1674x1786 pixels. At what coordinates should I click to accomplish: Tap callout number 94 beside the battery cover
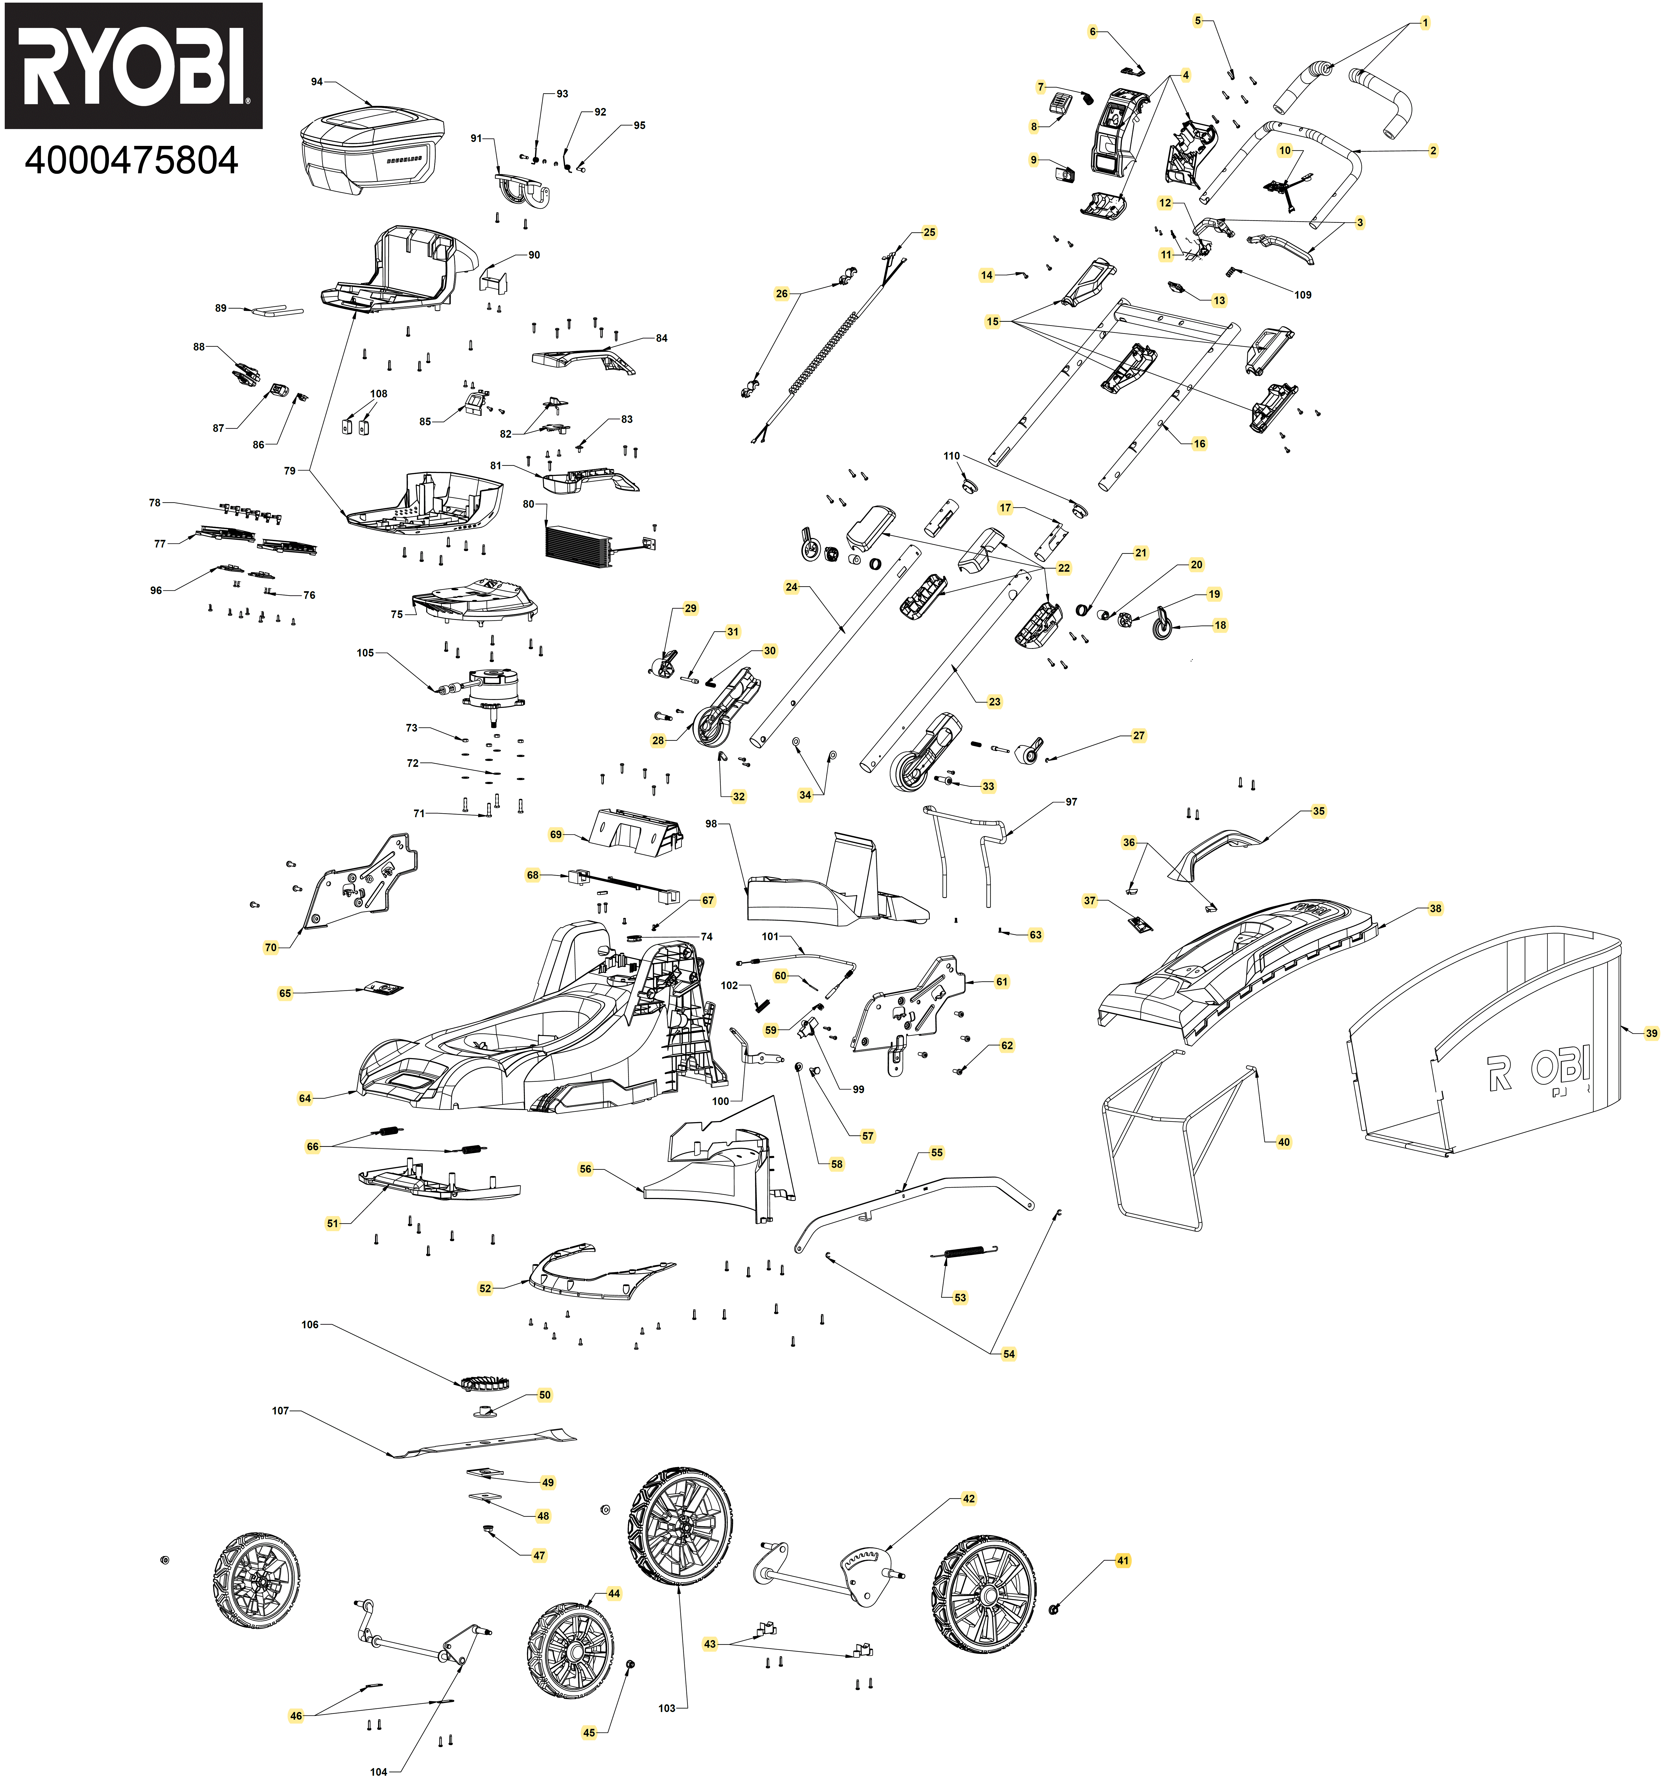click(x=316, y=82)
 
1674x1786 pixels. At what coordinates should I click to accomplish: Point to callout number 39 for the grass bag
click(x=1651, y=1034)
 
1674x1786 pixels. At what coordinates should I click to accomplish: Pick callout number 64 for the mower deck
click(x=304, y=1099)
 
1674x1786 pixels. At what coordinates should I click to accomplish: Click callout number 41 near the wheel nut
click(x=1122, y=1561)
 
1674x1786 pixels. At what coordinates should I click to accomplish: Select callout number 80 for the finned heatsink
click(x=528, y=505)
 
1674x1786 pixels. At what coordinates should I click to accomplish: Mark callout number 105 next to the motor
click(x=365, y=653)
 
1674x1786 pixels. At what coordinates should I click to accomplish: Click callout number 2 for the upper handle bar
click(x=1432, y=151)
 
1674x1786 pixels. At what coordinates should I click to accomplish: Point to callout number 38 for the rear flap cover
click(x=1435, y=909)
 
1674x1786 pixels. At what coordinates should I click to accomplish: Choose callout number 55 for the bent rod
click(x=937, y=1153)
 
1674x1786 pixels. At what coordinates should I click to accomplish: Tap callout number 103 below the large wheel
click(x=666, y=1708)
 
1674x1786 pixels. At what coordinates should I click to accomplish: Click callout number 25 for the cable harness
click(x=928, y=233)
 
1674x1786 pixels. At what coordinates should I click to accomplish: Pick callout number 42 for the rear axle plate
click(x=968, y=1498)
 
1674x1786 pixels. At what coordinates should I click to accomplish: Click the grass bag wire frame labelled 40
click(x=1159, y=1150)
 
